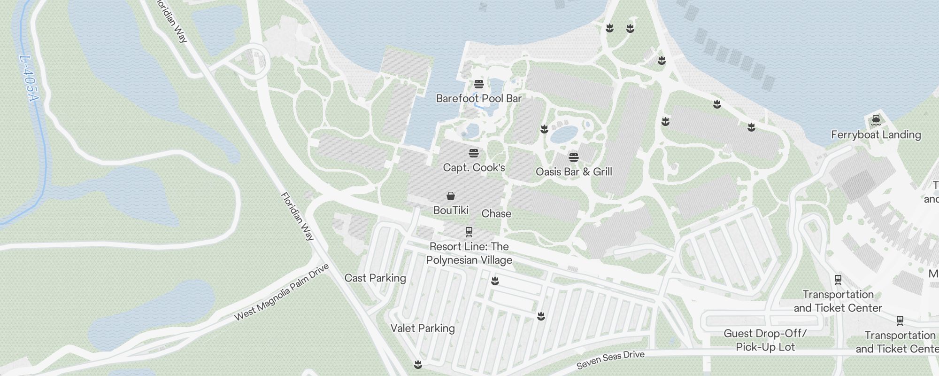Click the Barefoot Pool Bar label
click(478, 98)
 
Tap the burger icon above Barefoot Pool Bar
click(478, 84)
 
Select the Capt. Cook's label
click(474, 167)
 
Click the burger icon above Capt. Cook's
click(473, 153)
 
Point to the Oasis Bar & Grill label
click(574, 172)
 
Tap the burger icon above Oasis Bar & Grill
click(573, 157)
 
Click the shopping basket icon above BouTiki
click(451, 196)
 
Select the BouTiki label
click(451, 210)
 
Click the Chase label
click(496, 213)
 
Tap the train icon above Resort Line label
click(469, 231)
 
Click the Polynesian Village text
click(469, 260)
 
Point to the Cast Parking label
click(375, 278)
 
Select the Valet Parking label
click(423, 328)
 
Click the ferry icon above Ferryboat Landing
click(876, 120)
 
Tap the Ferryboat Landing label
click(876, 134)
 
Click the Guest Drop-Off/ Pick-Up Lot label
click(765, 340)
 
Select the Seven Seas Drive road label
click(610, 360)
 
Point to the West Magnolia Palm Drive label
click(282, 292)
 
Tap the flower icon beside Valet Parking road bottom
click(418, 364)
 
